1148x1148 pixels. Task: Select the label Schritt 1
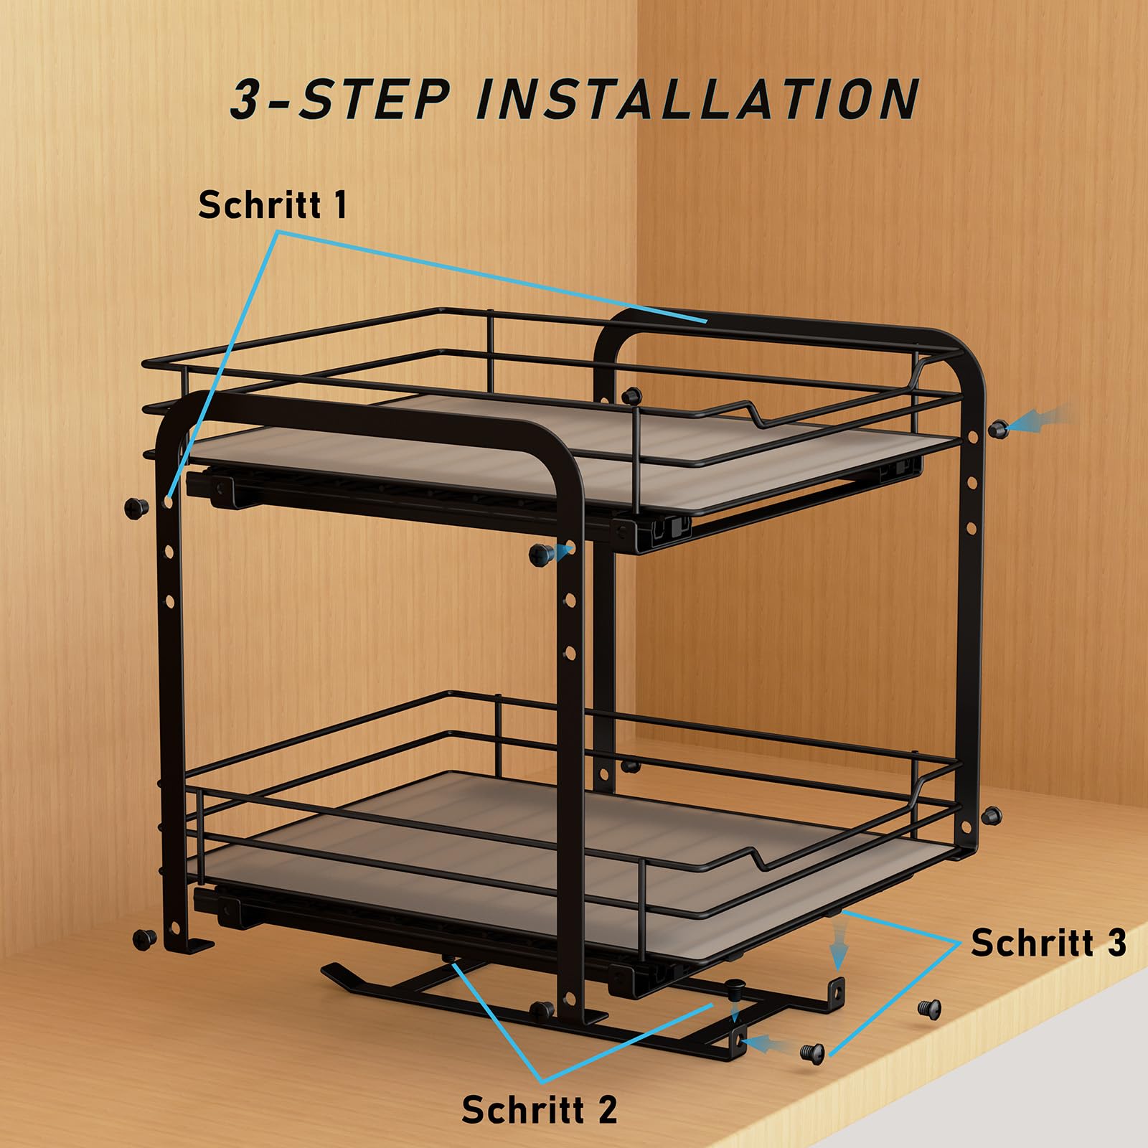[x=273, y=204]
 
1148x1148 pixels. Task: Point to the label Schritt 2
[x=540, y=1109]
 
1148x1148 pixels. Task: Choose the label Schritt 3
[x=1049, y=942]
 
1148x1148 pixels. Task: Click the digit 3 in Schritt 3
[x=1116, y=942]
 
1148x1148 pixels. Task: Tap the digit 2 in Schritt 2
[x=607, y=1109]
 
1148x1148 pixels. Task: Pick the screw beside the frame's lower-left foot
[x=145, y=938]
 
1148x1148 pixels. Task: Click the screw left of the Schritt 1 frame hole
[x=136, y=508]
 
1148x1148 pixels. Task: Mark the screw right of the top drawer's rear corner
[x=997, y=429]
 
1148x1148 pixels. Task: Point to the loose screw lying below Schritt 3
[x=928, y=1008]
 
